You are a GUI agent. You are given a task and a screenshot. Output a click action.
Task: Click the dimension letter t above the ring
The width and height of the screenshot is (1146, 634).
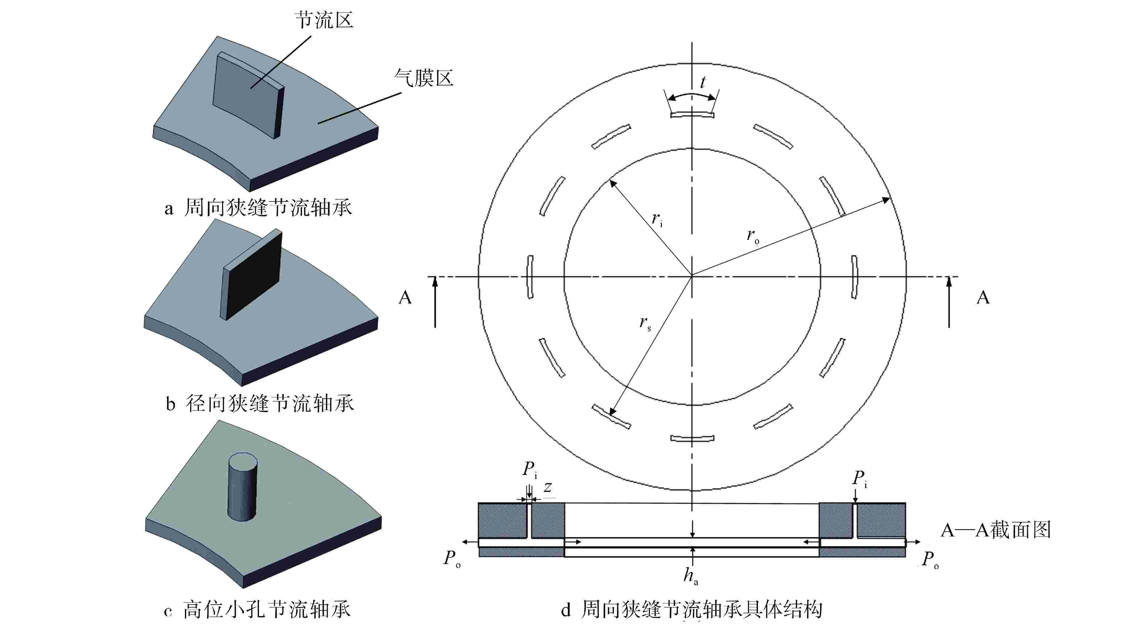(x=702, y=82)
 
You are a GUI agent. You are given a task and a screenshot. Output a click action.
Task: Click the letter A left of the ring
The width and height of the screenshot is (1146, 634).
(x=405, y=297)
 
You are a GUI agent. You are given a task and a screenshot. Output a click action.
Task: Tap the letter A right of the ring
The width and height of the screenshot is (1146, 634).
(x=983, y=297)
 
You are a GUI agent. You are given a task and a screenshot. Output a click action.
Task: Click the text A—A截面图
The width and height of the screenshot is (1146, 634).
(x=996, y=530)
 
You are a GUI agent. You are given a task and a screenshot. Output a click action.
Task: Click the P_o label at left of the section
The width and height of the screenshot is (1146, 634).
(x=451, y=558)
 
